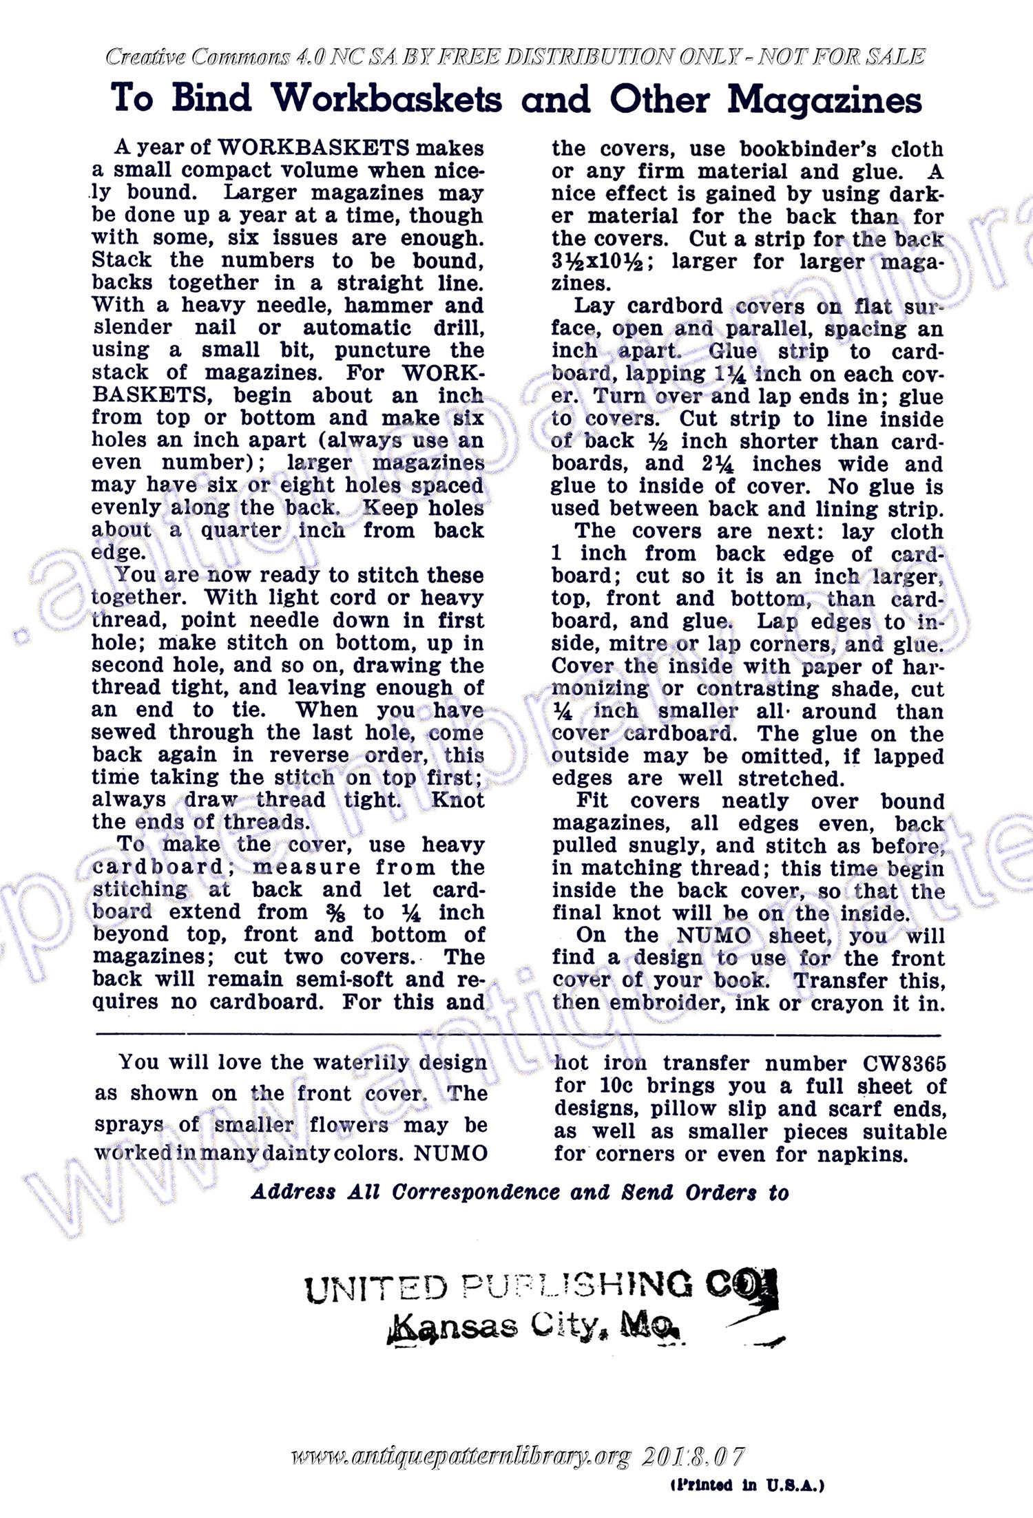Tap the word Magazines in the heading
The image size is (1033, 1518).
coord(824,101)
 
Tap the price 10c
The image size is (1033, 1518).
coord(612,1086)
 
